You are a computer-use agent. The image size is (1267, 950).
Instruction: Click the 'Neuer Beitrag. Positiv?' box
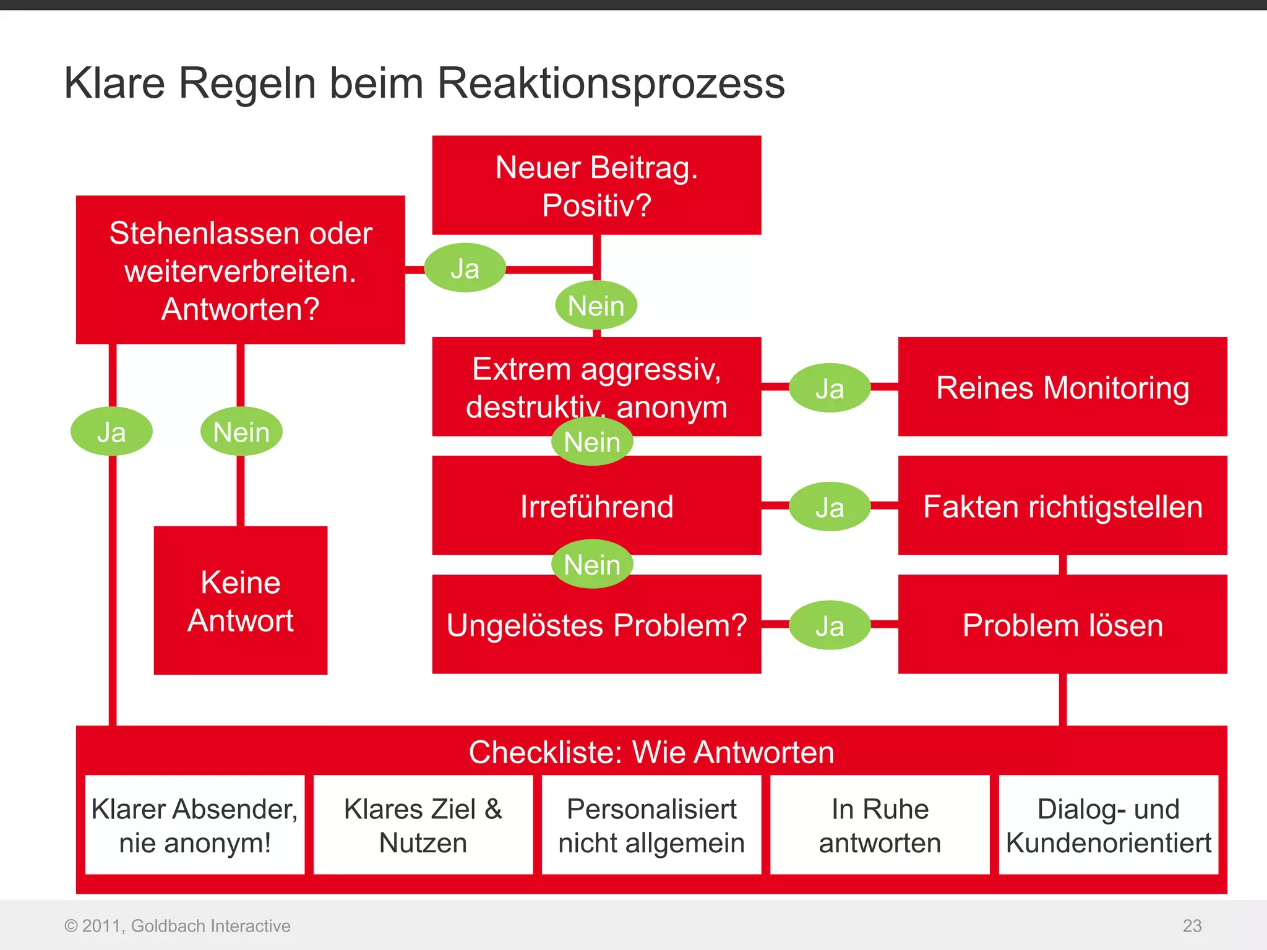596,185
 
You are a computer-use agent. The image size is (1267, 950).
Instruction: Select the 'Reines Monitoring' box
1062,387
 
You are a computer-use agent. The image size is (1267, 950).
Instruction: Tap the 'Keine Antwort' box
240,600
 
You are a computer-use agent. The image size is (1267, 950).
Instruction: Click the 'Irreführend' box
596,506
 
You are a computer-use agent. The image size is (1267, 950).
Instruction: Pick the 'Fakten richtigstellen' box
1062,506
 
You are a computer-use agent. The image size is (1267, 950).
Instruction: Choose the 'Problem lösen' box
1062,625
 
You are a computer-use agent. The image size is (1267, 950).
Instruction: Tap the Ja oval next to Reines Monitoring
830,388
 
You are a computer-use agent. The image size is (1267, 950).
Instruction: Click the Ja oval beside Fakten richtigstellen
830,507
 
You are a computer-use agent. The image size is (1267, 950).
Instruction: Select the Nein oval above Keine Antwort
241,431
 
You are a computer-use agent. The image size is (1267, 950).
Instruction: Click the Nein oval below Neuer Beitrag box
596,305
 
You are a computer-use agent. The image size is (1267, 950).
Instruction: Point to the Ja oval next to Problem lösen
830,625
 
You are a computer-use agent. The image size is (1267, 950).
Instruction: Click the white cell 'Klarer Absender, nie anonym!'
194,825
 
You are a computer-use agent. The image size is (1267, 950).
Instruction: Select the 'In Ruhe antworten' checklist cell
880,825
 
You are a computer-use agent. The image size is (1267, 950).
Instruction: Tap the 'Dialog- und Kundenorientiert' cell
1108,825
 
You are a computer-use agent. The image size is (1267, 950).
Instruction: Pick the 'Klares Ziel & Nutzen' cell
423,825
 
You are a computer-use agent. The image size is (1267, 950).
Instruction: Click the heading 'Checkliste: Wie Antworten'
651,752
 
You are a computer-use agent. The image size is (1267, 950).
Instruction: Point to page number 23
1192,925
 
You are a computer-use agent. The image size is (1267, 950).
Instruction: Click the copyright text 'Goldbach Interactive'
210,925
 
